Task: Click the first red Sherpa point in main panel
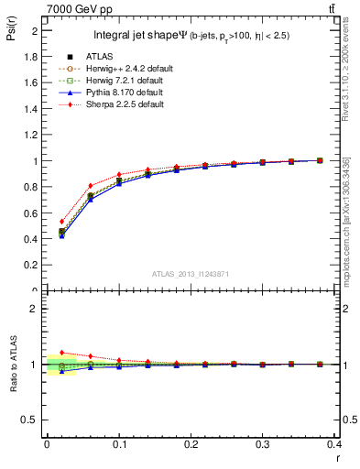pos(61,221)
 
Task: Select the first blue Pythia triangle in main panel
pos(61,235)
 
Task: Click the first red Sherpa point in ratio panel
pos(61,353)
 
